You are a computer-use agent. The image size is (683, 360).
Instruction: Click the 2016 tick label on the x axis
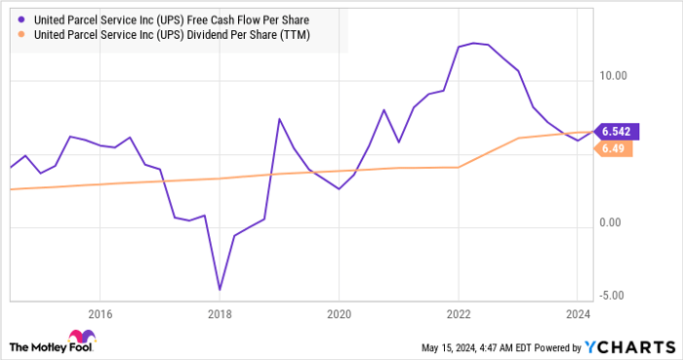click(x=100, y=314)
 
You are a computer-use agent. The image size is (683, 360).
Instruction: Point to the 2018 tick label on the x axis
click(x=220, y=314)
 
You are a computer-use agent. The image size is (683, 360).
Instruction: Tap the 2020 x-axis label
click(x=339, y=314)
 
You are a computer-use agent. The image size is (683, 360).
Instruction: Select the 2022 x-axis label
click(x=458, y=314)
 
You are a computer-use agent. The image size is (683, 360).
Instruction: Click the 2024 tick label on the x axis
click(x=578, y=314)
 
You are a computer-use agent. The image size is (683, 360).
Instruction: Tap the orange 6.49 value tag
click(x=614, y=148)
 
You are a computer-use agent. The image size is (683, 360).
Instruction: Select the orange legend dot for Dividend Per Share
click(x=20, y=35)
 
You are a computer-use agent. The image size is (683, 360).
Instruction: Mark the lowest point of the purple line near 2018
click(x=220, y=290)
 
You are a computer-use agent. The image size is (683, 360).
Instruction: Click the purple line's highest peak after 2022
click(x=473, y=43)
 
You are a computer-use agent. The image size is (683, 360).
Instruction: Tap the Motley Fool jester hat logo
click(x=20, y=346)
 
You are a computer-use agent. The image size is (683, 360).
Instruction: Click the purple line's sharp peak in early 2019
click(x=279, y=119)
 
